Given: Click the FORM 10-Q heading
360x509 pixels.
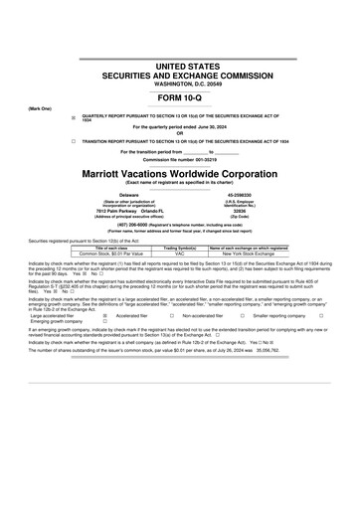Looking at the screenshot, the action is tap(180, 97).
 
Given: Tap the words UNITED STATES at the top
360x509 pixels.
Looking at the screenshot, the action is tap(180, 64).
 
